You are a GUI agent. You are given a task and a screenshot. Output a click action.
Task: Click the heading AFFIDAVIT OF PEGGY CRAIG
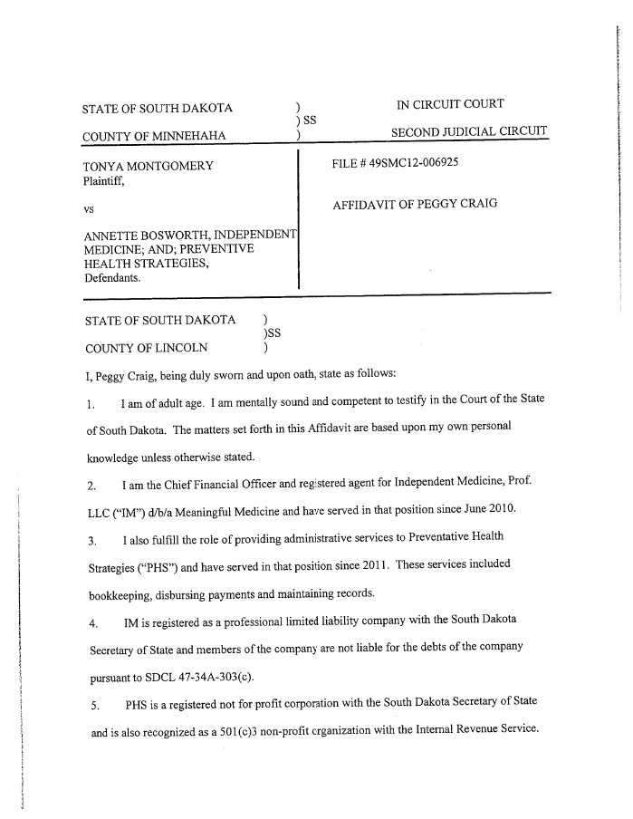415,204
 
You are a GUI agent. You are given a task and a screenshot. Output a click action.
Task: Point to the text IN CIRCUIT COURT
450,104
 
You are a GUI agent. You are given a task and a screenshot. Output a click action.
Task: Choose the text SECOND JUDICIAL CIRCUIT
469,132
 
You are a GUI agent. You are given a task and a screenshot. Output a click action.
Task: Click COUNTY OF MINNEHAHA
154,137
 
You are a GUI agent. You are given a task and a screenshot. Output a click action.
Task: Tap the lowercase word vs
89,209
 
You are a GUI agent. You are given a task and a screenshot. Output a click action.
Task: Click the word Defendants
112,277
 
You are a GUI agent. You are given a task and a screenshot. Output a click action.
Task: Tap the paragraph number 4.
93,624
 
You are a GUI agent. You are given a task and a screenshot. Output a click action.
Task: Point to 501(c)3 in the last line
245,732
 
